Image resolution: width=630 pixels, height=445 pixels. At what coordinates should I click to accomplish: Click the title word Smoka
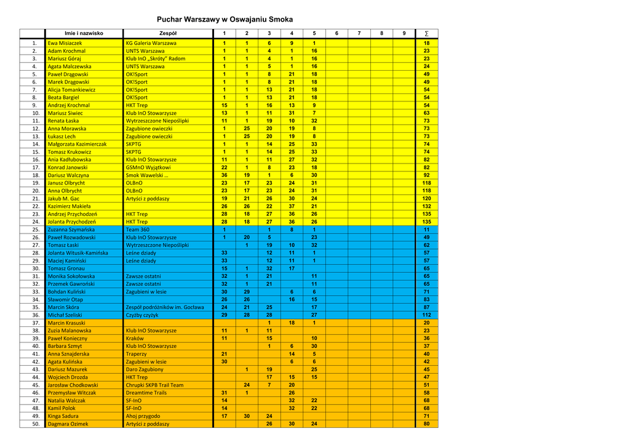pyautogui.click(x=281, y=19)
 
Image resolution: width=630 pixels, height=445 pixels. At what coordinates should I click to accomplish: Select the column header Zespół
pyautogui.click(x=168, y=33)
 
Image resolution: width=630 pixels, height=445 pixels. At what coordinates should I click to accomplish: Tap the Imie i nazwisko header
pyautogui.click(x=84, y=33)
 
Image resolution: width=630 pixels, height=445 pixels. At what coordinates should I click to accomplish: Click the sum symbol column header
pyautogui.click(x=426, y=33)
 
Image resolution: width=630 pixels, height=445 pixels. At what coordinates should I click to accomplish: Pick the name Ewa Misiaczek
pyautogui.click(x=65, y=43)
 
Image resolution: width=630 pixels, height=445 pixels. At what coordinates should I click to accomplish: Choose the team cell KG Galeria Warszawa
pyautogui.click(x=151, y=43)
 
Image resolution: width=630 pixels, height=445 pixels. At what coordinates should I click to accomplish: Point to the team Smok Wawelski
pyautogui.click(x=147, y=175)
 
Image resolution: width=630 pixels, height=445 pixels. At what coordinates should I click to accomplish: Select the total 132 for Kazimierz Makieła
pyautogui.click(x=426, y=206)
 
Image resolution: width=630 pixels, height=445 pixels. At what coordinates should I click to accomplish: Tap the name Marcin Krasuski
pyautogui.click(x=66, y=323)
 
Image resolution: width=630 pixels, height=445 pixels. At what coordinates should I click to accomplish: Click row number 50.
pyautogui.click(x=35, y=423)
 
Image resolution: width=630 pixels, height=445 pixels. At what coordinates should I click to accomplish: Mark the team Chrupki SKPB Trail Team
pyautogui.click(x=154, y=385)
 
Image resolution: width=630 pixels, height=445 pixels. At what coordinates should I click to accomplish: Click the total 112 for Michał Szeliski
pyautogui.click(x=426, y=315)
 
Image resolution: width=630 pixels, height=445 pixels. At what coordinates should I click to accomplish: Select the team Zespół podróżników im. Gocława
pyautogui.click(x=164, y=307)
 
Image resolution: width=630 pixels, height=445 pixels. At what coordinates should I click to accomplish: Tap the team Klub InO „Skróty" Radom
pyautogui.click(x=155, y=58)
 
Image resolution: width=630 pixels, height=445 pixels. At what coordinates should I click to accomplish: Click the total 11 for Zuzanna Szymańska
pyautogui.click(x=426, y=229)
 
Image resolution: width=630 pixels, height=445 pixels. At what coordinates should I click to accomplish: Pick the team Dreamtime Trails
pyautogui.click(x=146, y=392)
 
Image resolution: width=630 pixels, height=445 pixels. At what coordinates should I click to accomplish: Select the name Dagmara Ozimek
pyautogui.click(x=68, y=423)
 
